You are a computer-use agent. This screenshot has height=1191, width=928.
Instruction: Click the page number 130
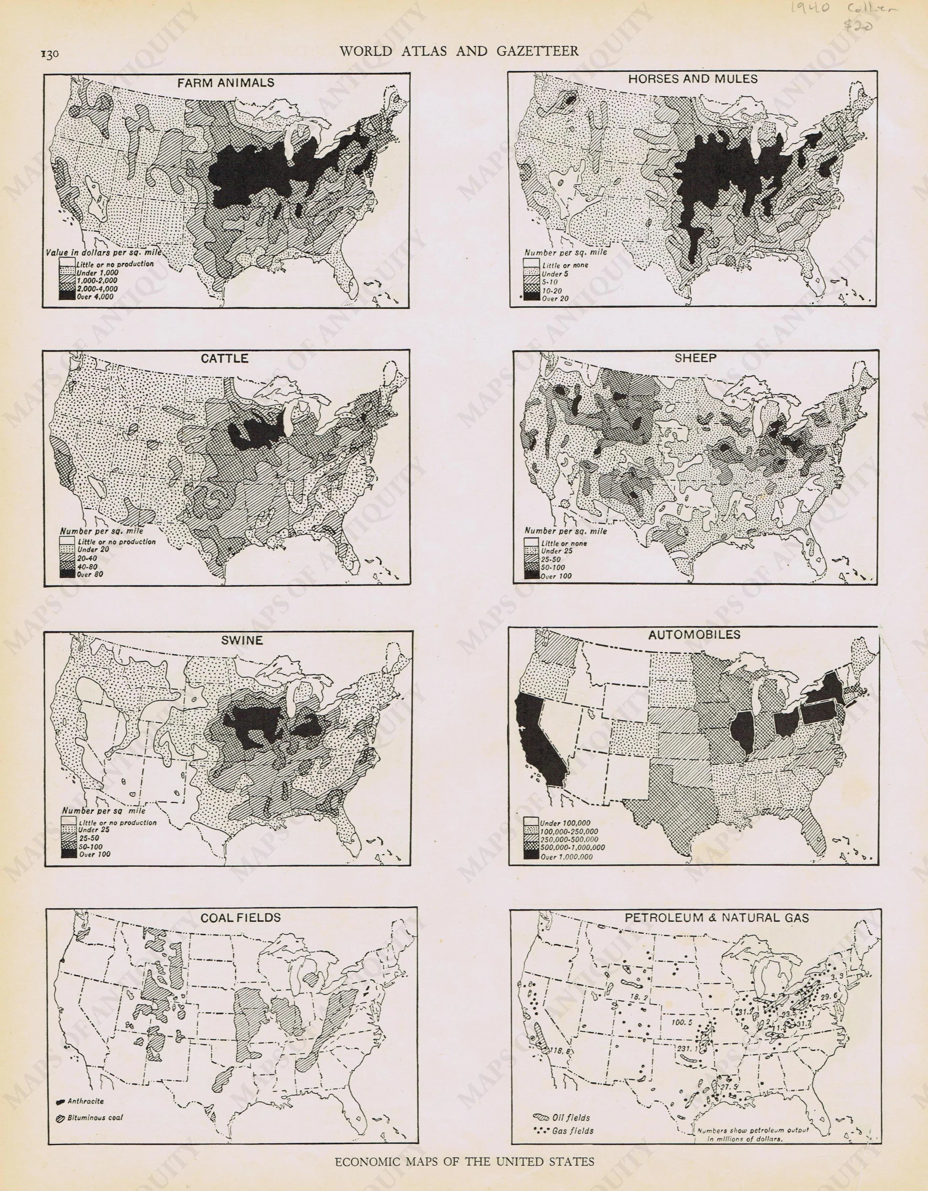pos(49,54)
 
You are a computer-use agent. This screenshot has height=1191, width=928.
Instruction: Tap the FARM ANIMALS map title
pos(225,83)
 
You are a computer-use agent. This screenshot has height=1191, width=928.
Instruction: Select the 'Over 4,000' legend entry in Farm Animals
pos(95,297)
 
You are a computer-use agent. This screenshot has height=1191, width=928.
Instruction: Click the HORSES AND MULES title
pos(692,79)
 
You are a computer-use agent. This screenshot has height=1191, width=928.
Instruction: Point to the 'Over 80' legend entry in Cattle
pos(90,574)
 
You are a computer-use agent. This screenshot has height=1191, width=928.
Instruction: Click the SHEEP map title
pos(695,358)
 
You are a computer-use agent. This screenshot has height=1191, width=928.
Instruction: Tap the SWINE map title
pos(242,640)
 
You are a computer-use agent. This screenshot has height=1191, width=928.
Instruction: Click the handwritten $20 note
pos(858,26)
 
